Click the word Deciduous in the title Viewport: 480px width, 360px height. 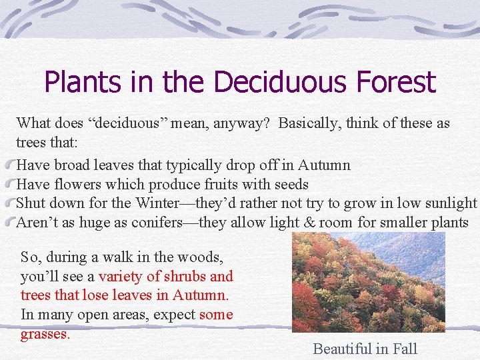(283, 83)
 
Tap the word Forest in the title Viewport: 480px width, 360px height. (396, 83)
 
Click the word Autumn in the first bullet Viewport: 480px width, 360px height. (324, 165)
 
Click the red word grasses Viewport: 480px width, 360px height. (44, 334)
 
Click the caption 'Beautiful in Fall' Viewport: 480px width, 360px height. (365, 348)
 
